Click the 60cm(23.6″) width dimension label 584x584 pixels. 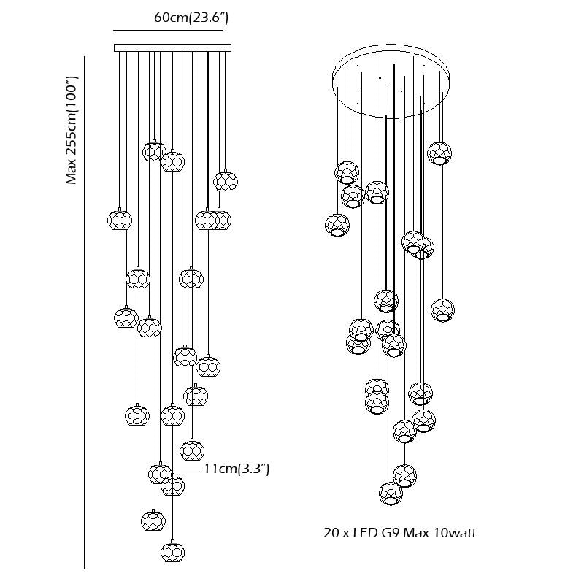(x=191, y=18)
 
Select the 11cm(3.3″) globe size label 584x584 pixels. (x=237, y=469)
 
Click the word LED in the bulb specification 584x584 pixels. (x=365, y=533)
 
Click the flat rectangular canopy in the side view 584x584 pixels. (x=172, y=48)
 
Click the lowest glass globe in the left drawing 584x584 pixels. (x=172, y=551)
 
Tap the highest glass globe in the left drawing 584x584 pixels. (x=153, y=151)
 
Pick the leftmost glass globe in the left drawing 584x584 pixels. (x=119, y=219)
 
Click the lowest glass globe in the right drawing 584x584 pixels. (x=391, y=493)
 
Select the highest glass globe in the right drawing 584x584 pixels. (x=439, y=153)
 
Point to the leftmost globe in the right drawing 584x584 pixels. (x=337, y=225)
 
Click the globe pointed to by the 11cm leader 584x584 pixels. (x=192, y=450)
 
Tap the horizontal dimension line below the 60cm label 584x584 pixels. (x=172, y=31)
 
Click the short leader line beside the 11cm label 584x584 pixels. (x=191, y=469)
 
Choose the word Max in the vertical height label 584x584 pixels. (x=72, y=172)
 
